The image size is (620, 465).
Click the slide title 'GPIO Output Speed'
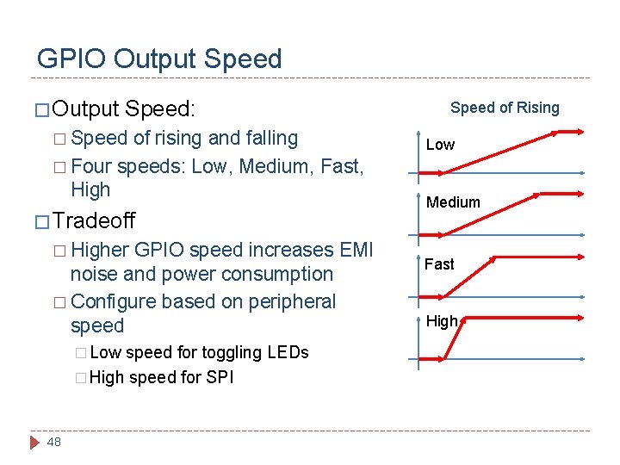pyautogui.click(x=159, y=59)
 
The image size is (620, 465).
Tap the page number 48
pyautogui.click(x=53, y=442)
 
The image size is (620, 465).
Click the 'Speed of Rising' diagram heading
pyautogui.click(x=505, y=108)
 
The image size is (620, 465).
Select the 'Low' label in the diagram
pyautogui.click(x=440, y=145)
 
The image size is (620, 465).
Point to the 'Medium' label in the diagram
pyautogui.click(x=453, y=202)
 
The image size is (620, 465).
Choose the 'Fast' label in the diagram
pyautogui.click(x=439, y=264)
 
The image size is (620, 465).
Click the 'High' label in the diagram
pyautogui.click(x=442, y=321)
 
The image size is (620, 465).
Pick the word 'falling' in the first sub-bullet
pyautogui.click(x=266, y=138)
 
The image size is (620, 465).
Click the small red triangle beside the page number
pyautogui.click(x=34, y=442)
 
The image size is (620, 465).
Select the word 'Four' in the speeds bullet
pyautogui.click(x=91, y=165)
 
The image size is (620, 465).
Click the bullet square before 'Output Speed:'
pyautogui.click(x=40, y=110)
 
